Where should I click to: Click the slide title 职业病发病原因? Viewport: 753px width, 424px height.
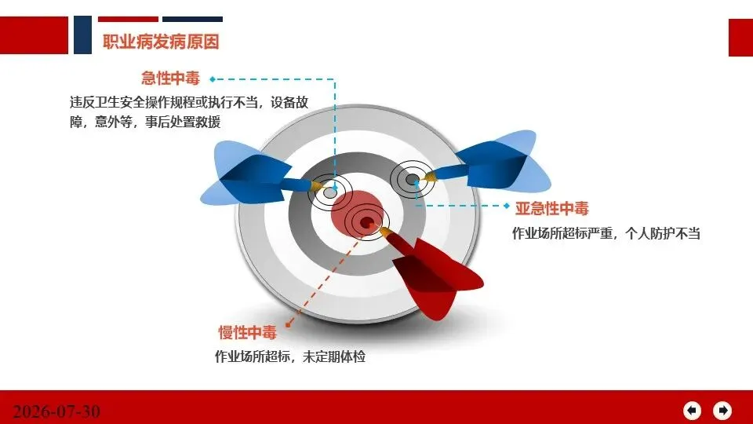[161, 42]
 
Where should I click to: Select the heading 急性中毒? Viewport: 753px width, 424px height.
[170, 79]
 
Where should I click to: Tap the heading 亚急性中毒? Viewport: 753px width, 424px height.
[551, 208]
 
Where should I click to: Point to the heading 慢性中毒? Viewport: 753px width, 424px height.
[248, 332]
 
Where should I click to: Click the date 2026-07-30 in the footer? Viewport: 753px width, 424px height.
[56, 411]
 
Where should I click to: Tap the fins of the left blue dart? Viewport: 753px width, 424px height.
[245, 173]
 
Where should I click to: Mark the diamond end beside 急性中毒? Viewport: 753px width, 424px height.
[213, 79]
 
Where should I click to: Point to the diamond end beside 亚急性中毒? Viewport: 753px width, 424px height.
[507, 206]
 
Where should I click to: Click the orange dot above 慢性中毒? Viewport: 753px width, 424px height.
[288, 325]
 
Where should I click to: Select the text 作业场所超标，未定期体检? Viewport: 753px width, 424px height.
[290, 356]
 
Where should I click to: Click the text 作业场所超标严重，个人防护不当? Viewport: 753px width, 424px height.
[606, 234]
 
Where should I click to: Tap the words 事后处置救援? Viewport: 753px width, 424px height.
[183, 122]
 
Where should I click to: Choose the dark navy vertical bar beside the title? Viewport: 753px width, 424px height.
[82, 35]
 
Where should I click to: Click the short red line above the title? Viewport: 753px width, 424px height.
[128, 19]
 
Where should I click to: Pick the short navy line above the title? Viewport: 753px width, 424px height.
[193, 19]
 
